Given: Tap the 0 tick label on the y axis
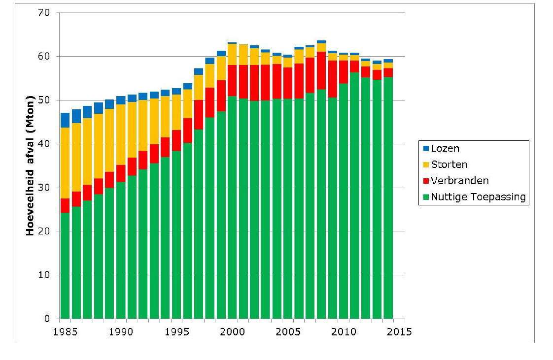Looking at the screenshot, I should (47, 319).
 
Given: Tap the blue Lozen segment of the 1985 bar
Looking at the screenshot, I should (65, 120).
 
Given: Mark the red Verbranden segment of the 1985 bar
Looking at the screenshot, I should (65, 205).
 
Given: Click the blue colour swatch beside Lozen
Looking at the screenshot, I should (426, 148).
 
